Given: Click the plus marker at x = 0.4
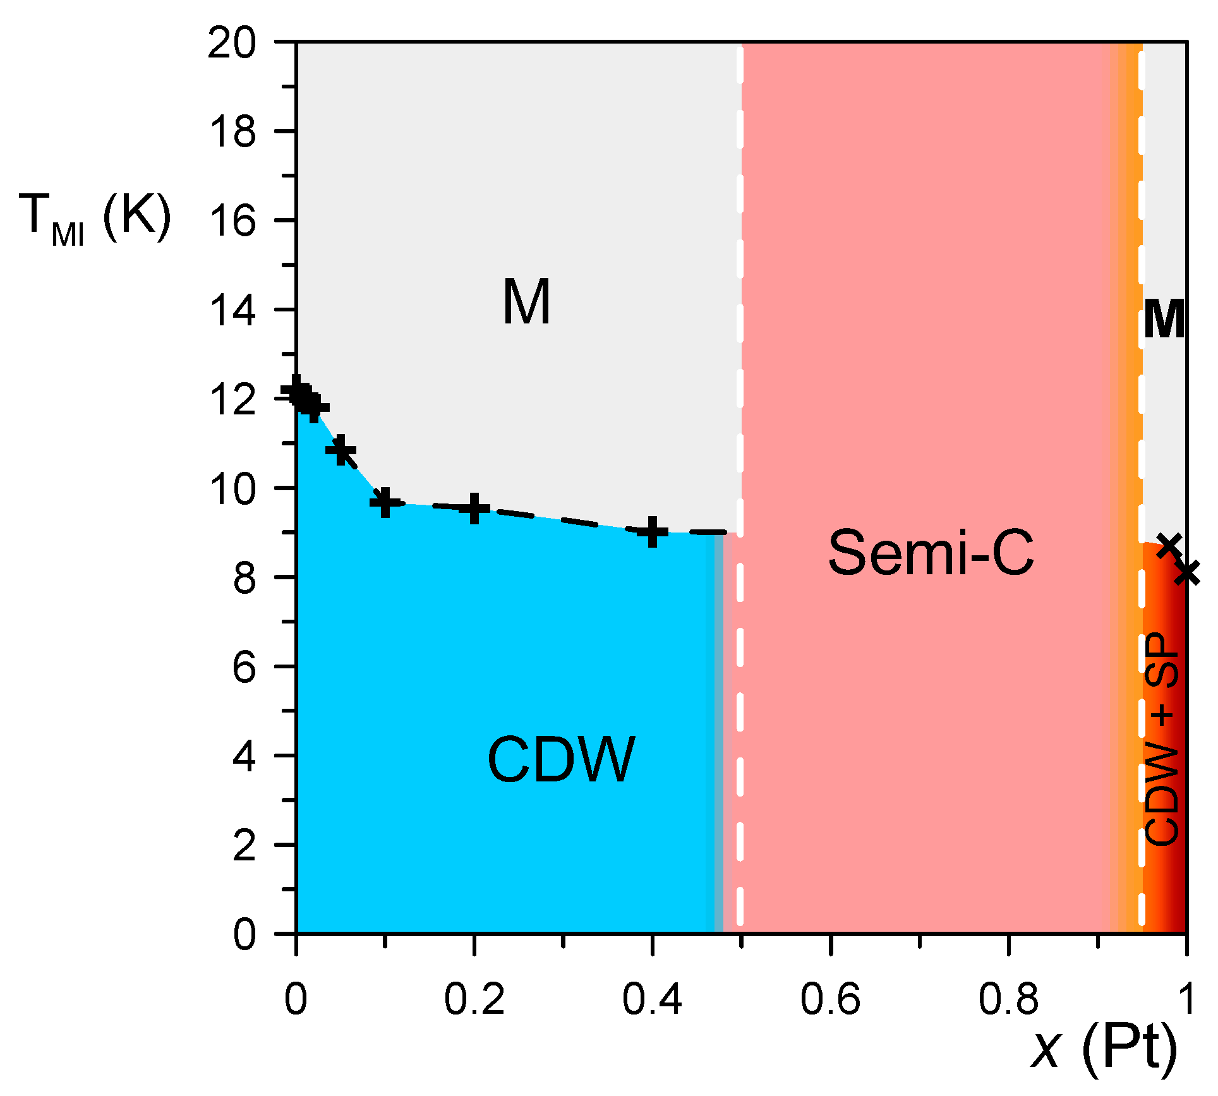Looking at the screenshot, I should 653,531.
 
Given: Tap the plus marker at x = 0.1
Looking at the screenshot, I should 385,502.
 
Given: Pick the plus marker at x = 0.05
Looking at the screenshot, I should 341,450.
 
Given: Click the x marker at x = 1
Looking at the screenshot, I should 1188,572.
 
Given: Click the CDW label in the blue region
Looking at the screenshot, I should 561,759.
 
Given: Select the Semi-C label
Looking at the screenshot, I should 931,553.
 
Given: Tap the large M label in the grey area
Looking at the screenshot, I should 526,302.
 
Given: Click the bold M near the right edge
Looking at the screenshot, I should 1164,320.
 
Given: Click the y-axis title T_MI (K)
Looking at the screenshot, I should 95,218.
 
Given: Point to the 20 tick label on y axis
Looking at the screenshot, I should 232,44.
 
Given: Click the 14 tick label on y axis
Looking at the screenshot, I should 232,311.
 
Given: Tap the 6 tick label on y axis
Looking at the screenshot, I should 244,667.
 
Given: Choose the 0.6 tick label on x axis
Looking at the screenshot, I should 830,1000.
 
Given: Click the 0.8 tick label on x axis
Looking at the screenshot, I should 1008,1000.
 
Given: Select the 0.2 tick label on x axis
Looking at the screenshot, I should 474,1000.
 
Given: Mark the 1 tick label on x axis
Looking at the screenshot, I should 1186,1000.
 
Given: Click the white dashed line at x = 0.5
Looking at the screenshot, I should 740,695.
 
